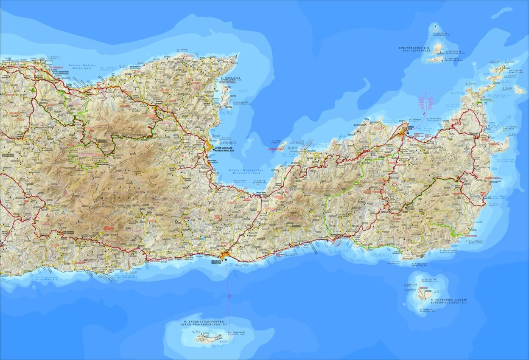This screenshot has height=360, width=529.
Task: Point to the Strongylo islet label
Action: pyautogui.click(x=426, y=280)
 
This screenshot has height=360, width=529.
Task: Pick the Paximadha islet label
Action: pyautogui.click(x=442, y=34)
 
